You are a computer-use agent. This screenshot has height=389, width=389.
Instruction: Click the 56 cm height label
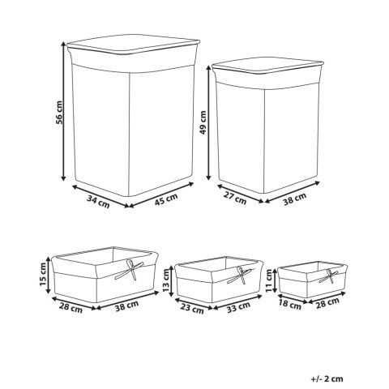[x=59, y=113]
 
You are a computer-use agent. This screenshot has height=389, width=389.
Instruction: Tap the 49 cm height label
[x=203, y=122]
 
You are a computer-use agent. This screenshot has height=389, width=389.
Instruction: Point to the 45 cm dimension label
[x=166, y=199]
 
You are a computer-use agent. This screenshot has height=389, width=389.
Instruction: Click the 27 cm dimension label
[x=235, y=198]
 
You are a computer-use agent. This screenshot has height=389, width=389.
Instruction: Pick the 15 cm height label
[x=42, y=275]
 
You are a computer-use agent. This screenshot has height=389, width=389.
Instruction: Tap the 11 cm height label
[x=269, y=281]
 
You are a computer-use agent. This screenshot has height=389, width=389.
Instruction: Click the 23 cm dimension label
[x=192, y=308]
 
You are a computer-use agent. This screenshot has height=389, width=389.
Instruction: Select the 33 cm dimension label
[x=238, y=307]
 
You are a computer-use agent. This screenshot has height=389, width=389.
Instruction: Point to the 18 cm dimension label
[x=290, y=305]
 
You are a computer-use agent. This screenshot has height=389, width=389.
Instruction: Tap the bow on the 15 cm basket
[x=130, y=270]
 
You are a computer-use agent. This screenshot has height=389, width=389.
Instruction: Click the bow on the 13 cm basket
[x=240, y=276]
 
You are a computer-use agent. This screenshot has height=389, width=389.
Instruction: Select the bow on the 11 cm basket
[x=329, y=276]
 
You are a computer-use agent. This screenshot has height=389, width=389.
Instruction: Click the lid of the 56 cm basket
[x=134, y=44]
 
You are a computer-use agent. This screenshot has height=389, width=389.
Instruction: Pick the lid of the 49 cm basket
[x=267, y=66]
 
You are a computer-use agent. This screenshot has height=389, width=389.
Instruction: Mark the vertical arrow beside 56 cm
[x=63, y=111]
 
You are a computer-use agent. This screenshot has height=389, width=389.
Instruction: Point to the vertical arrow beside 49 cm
[x=208, y=122]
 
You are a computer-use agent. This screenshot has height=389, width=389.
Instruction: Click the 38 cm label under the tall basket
[x=295, y=199]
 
